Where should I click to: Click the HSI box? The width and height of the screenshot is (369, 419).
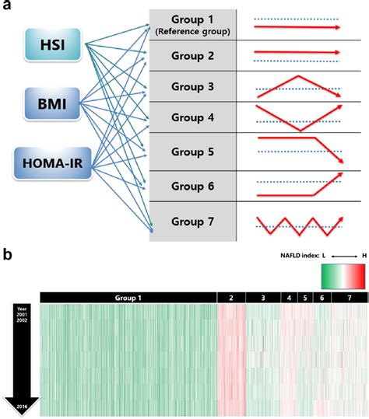(54, 46)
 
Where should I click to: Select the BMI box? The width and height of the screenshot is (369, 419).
(54, 103)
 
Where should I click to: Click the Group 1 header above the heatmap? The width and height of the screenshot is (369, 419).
(128, 298)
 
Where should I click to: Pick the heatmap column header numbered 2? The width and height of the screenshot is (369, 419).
(230, 298)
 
